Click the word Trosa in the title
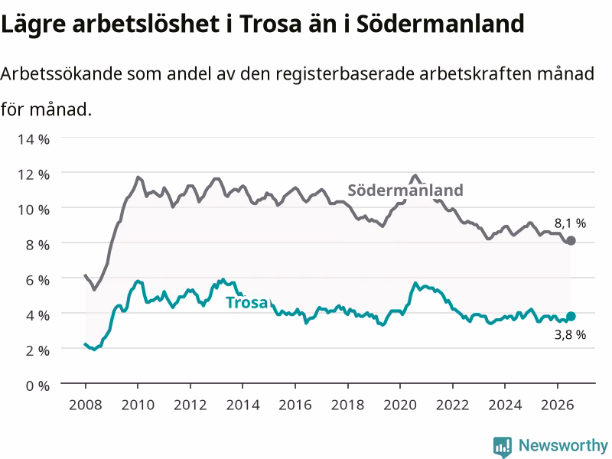[271, 24]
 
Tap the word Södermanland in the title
[441, 24]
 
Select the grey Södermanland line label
[405, 190]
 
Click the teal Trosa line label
[248, 302]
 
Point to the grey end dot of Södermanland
[571, 240]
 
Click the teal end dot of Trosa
[571, 316]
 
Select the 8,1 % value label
[570, 223]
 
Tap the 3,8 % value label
[570, 334]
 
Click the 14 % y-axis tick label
[34, 139]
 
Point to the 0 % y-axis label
[37, 386]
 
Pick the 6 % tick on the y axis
[37, 280]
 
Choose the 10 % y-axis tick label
[34, 210]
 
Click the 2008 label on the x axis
[86, 405]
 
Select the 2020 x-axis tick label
[400, 405]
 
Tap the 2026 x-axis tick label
[558, 405]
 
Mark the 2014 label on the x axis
[243, 405]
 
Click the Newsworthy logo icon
[503, 447]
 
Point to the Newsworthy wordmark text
[563, 445]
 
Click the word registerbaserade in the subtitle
[345, 73]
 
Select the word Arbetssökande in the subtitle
[62, 73]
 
